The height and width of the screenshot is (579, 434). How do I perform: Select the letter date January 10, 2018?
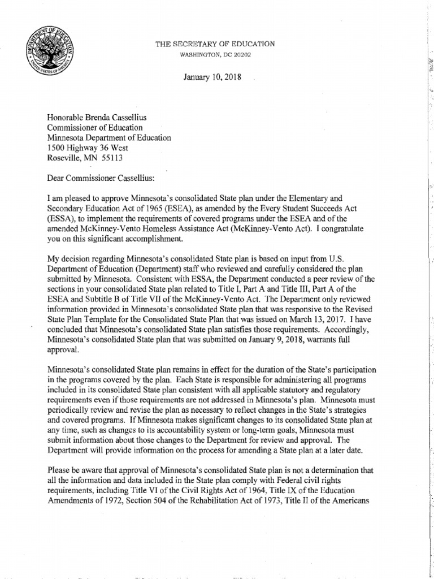click(x=212, y=77)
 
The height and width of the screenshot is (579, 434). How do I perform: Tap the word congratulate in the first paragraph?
click(x=359, y=228)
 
